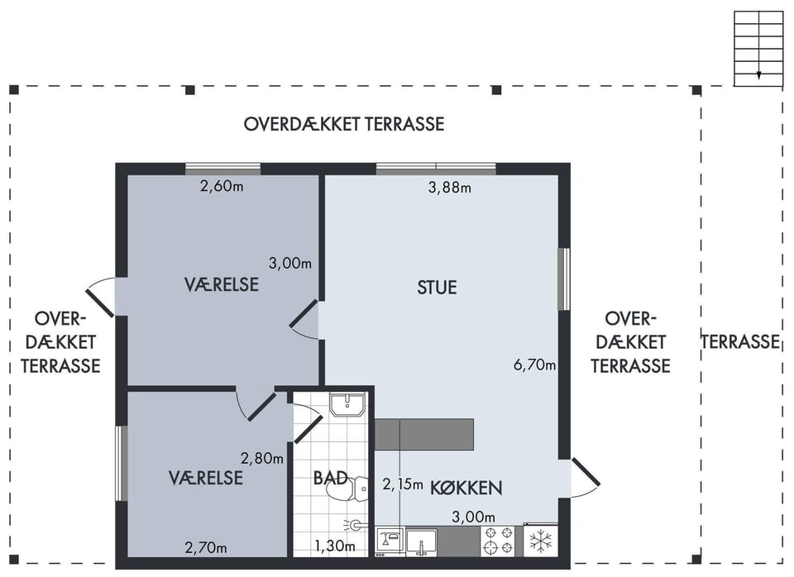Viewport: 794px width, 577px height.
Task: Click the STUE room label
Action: click(437, 288)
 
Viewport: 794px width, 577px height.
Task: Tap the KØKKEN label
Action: click(466, 488)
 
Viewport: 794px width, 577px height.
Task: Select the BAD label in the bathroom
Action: click(330, 478)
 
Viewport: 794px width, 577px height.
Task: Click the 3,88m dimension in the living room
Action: click(450, 188)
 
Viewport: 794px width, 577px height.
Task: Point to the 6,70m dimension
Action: click(535, 365)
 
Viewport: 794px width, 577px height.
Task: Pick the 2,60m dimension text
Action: click(222, 186)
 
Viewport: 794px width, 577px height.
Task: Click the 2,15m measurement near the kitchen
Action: click(403, 484)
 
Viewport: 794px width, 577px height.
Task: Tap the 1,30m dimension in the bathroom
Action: click(335, 546)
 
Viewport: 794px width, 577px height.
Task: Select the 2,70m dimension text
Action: click(206, 547)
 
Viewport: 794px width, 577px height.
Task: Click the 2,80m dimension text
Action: click(262, 459)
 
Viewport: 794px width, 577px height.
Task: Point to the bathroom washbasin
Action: click(347, 404)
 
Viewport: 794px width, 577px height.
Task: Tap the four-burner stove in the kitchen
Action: click(497, 540)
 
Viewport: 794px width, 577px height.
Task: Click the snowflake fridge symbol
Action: click(541, 540)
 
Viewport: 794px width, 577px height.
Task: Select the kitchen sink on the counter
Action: click(421, 541)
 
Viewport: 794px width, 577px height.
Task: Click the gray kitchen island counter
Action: click(423, 434)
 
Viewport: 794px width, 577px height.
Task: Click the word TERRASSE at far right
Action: click(740, 341)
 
